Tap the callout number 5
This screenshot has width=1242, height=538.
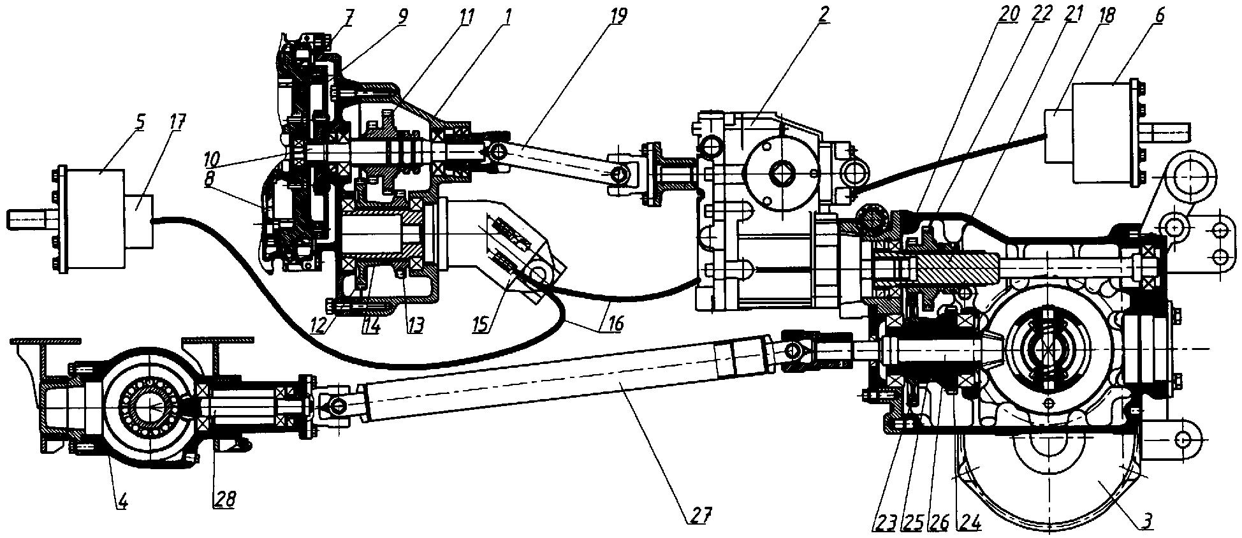140,122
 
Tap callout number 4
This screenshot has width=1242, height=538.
122,501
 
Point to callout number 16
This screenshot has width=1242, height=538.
614,324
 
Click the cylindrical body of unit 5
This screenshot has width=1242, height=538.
92,221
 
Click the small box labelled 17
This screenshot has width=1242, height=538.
139,221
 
